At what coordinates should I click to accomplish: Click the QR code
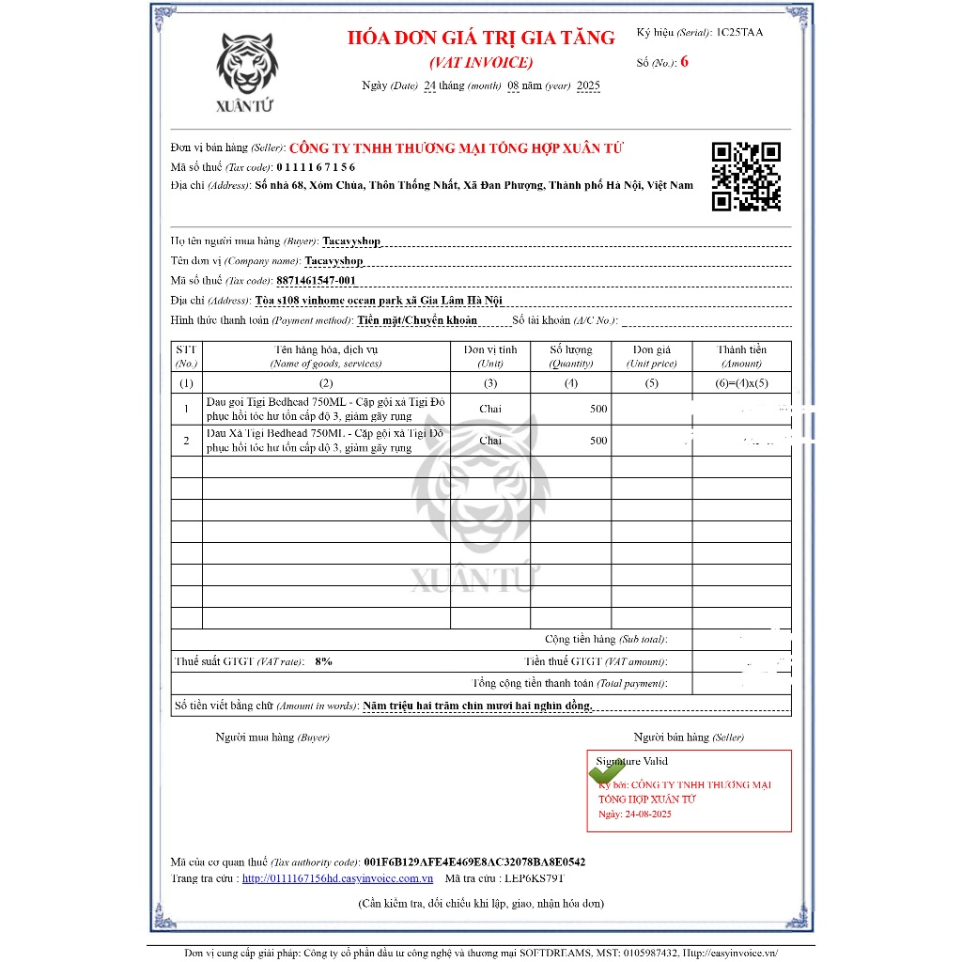[x=746, y=176]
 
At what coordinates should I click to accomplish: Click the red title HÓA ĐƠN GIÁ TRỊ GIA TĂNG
[x=481, y=39]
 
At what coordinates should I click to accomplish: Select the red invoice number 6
[x=685, y=62]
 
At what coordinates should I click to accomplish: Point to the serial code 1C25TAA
[x=739, y=32]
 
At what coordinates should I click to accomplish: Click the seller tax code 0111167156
[x=316, y=167]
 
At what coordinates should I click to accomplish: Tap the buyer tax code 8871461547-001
[x=317, y=280]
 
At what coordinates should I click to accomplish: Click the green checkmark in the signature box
[x=607, y=772]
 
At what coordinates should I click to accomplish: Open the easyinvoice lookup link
[x=337, y=878]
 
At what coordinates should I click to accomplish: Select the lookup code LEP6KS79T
[x=533, y=878]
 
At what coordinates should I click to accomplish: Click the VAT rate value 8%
[x=323, y=661]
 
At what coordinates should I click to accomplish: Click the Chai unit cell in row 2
[x=490, y=441]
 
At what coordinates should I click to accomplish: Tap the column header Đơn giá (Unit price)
[x=651, y=356]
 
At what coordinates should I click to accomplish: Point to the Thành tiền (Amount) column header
[x=741, y=356]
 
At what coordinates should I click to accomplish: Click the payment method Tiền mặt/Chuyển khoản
[x=417, y=320]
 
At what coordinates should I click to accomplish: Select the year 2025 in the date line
[x=588, y=85]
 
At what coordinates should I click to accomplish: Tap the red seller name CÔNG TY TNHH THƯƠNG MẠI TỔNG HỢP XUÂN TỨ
[x=456, y=148]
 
